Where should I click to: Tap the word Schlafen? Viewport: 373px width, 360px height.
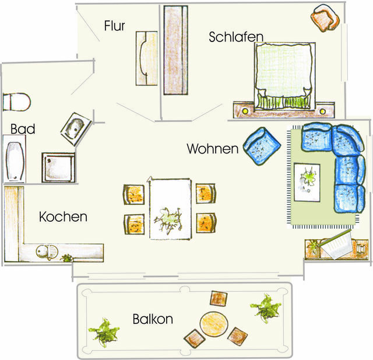click(236, 37)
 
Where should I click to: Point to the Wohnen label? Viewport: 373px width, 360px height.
click(213, 149)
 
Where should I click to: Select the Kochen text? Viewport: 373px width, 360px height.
click(63, 217)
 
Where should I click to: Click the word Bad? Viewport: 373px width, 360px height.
click(22, 129)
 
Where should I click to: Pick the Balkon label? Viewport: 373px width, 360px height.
click(153, 319)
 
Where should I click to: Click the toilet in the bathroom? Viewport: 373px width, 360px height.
click(16, 102)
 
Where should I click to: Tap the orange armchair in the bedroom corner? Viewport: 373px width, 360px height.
click(325, 18)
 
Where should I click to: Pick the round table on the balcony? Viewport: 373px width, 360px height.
click(213, 324)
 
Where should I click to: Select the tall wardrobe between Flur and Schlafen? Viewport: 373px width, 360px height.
click(175, 50)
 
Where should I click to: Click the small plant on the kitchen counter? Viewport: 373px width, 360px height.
click(67, 257)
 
